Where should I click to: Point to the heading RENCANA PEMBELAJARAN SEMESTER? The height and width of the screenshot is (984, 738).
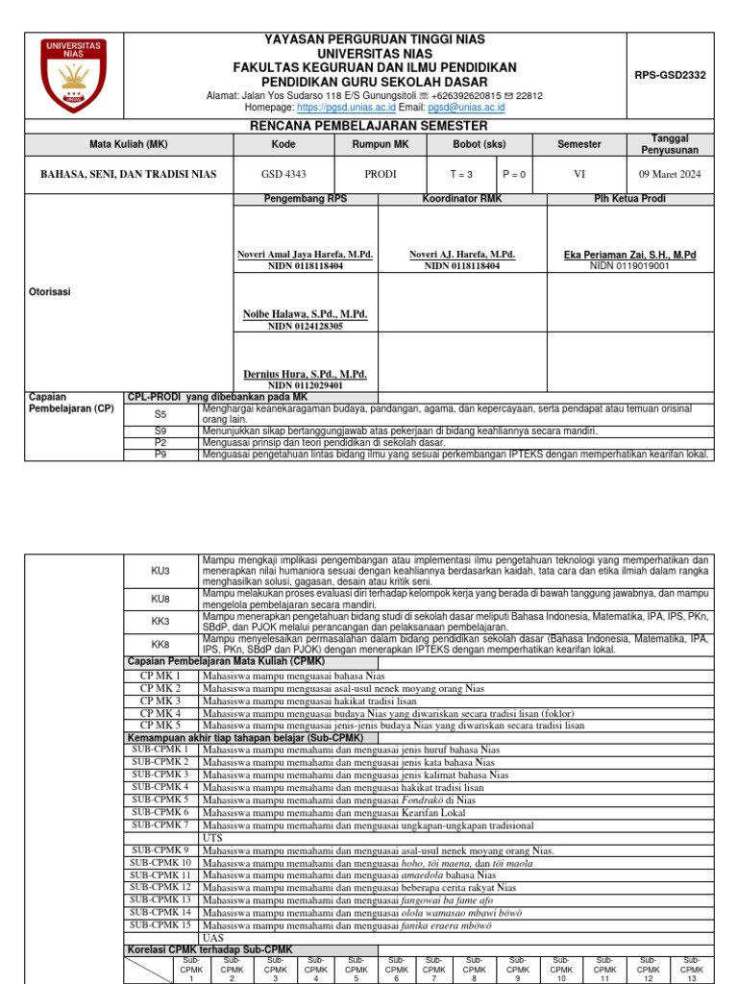(x=368, y=126)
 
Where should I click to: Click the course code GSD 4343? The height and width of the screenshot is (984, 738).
(x=284, y=174)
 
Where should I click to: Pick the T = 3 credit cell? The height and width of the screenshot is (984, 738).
(x=463, y=174)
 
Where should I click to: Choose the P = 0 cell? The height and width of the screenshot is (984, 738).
(x=517, y=174)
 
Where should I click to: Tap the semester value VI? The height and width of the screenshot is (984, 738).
(x=578, y=174)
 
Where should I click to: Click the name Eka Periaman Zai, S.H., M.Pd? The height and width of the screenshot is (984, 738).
(x=629, y=255)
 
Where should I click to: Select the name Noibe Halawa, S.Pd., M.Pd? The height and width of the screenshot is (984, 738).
(x=305, y=314)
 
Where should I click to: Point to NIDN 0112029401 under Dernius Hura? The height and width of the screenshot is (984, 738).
(x=305, y=384)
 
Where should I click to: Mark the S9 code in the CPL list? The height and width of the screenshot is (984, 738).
(x=160, y=431)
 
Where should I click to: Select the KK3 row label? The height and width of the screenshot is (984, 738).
(x=160, y=621)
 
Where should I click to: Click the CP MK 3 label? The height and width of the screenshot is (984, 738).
(x=160, y=701)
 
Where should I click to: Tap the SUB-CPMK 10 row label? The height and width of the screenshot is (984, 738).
(x=160, y=863)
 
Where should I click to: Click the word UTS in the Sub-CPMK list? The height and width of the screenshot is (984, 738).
(x=212, y=838)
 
